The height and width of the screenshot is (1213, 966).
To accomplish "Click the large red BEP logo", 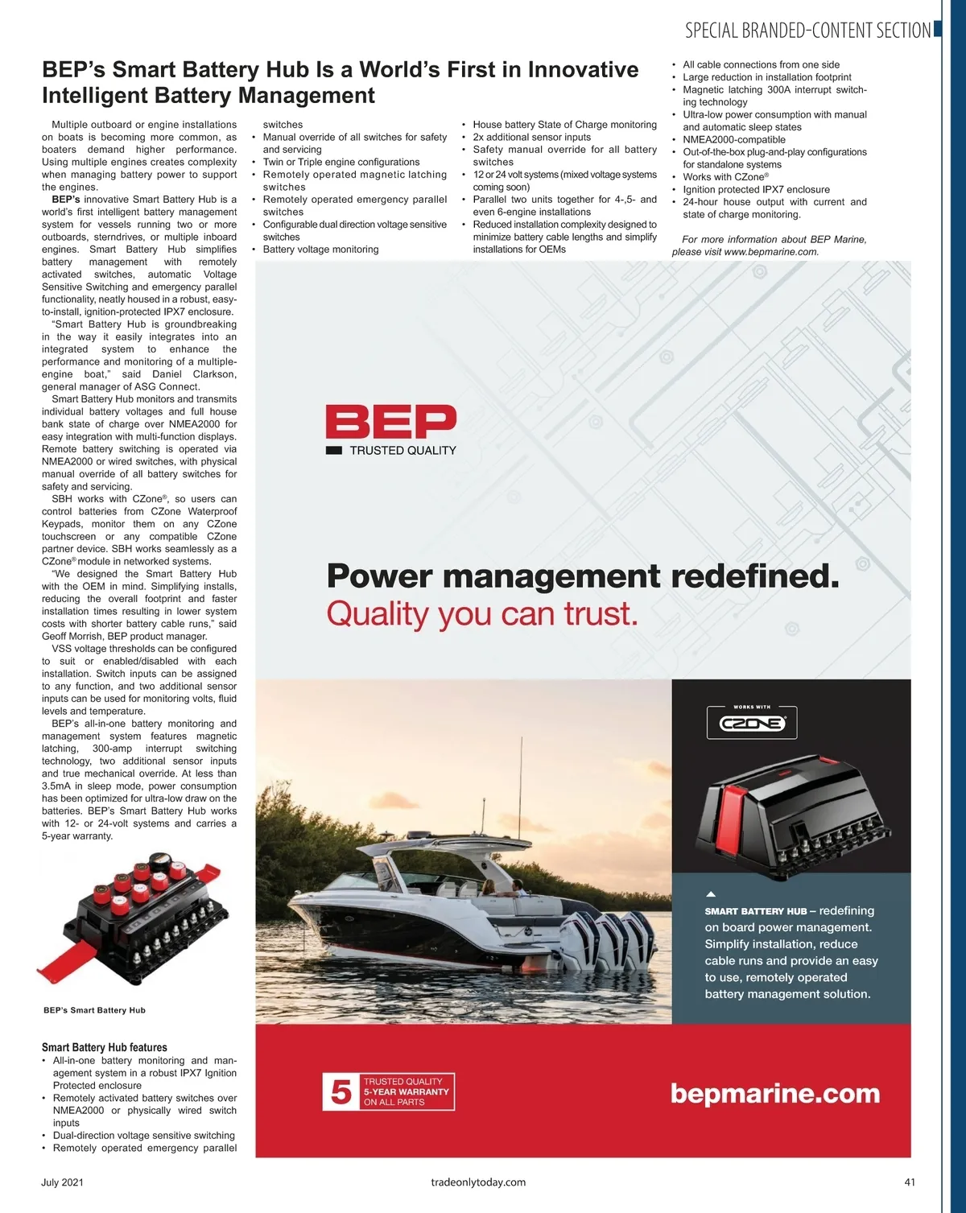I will point(390,423).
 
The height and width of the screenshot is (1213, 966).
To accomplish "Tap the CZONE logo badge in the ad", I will point(751,723).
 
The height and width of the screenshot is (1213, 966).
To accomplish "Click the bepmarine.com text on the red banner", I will point(774,1093).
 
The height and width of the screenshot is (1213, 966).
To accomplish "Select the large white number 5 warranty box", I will point(341,1091).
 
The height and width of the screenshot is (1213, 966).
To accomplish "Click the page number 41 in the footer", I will point(910,1182).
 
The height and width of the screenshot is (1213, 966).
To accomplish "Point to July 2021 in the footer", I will point(62,1182).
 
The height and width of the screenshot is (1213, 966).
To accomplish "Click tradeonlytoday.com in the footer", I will point(478,1182).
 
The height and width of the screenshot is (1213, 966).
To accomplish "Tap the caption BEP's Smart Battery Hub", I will point(94,1010).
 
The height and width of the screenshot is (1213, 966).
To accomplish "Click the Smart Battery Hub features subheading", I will point(105,1047).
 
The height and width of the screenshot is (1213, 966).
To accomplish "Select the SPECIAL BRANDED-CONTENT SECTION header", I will point(807,31).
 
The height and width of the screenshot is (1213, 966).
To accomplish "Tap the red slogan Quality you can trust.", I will point(481,614).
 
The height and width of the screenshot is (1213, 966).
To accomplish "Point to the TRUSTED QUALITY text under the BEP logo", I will point(402,451).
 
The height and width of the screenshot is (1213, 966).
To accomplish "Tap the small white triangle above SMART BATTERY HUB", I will point(711,894).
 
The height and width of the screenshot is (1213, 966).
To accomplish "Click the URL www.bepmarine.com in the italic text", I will point(770,252).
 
